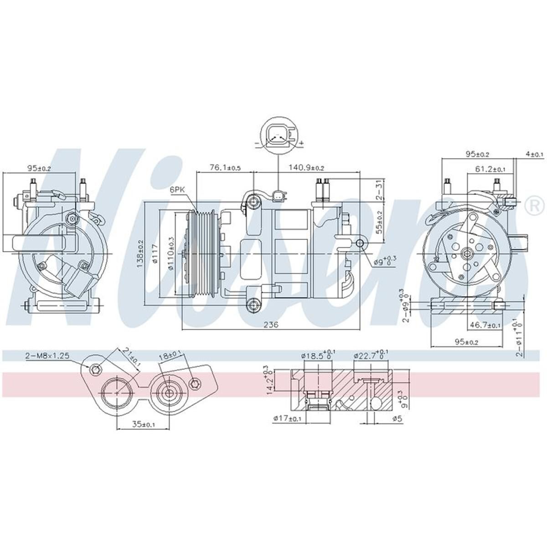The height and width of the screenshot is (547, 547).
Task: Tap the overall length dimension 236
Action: pos(271,324)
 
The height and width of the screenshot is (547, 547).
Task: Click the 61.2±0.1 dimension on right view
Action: pos(490,169)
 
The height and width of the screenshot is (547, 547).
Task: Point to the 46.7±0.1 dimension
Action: pos(485,325)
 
